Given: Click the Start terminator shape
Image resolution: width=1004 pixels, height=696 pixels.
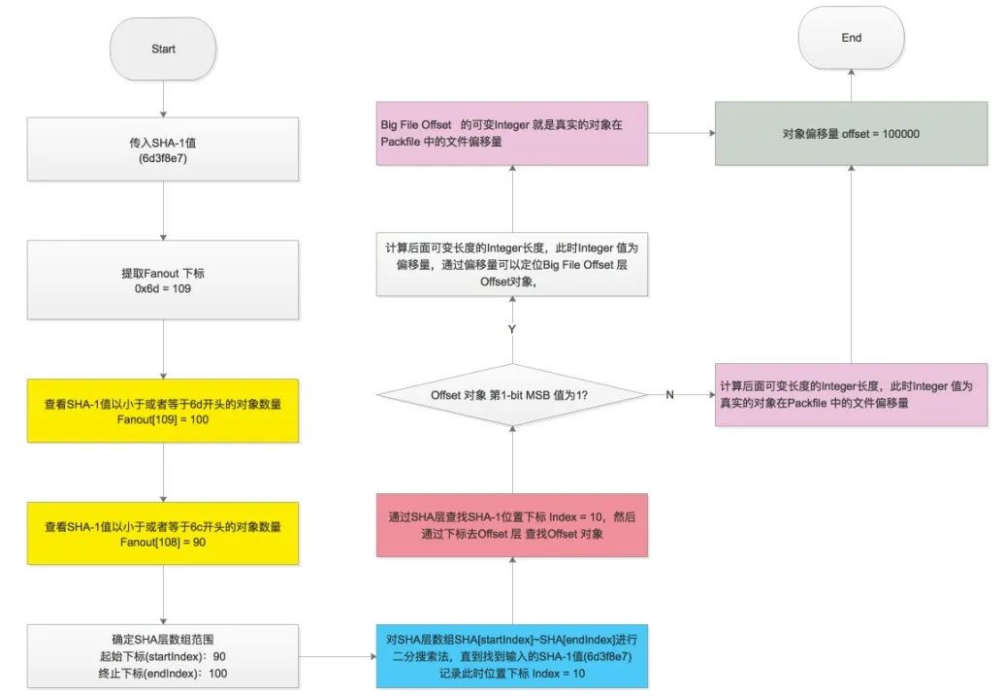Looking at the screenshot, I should [163, 49].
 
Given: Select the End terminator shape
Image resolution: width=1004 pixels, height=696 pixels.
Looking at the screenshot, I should [851, 39].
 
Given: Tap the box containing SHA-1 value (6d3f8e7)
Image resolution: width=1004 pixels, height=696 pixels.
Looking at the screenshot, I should [163, 149].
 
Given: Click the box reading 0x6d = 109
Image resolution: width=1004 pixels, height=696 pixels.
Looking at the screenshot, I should [163, 282].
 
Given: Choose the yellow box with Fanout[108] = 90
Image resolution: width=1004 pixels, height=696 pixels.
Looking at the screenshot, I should [163, 534].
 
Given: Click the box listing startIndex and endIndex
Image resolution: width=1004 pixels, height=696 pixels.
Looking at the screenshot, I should [163, 657].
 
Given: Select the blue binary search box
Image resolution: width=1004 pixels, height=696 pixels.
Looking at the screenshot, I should [510, 657].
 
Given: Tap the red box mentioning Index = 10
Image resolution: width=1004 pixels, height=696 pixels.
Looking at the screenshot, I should [510, 525].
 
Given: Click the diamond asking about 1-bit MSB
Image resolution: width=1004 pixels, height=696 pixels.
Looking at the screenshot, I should [510, 395].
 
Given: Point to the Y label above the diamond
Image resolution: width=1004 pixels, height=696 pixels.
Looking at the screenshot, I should [510, 330].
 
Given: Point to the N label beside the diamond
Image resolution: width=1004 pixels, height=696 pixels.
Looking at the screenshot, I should [669, 395].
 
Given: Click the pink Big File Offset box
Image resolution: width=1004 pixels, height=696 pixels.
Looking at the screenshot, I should [510, 133].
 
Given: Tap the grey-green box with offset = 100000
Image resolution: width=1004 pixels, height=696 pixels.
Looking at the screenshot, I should [851, 133].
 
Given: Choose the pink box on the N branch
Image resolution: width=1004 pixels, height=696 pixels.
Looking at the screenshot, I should [851, 395].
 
